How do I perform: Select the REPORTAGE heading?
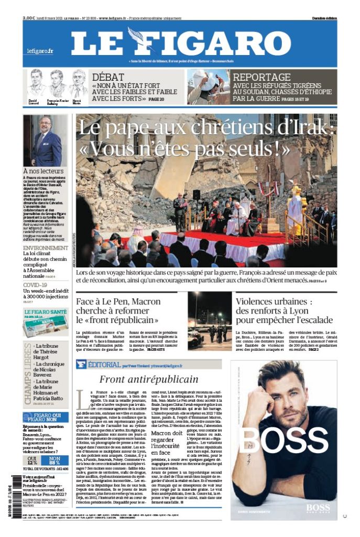point(261,77)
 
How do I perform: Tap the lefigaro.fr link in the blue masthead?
point(40,51)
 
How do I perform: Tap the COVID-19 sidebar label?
point(35,285)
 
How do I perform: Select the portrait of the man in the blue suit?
point(46,141)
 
